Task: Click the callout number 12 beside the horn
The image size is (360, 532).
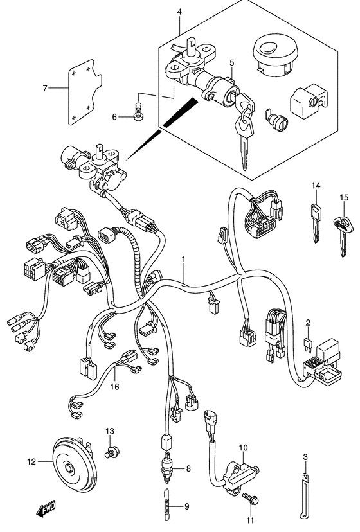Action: (32, 462)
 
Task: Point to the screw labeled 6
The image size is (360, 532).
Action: (139, 111)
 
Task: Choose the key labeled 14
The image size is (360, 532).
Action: (316, 223)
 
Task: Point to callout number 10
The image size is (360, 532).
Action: (243, 448)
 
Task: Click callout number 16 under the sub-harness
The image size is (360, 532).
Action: (115, 386)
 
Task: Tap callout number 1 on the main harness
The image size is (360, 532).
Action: (184, 259)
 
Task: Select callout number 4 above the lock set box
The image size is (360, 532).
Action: (179, 12)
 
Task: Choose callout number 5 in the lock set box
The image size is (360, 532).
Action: (232, 62)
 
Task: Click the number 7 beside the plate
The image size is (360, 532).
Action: (45, 88)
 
